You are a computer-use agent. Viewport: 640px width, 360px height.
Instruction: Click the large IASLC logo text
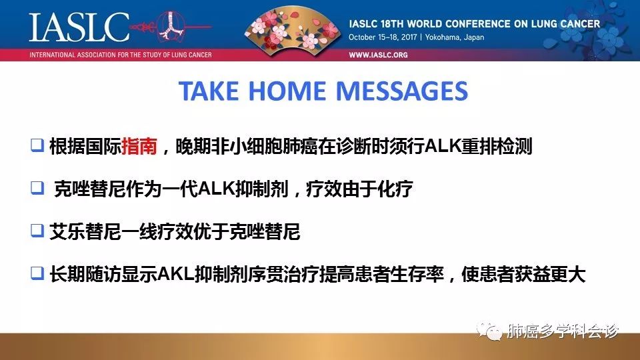79,27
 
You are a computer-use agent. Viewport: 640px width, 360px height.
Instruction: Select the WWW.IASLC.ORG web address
378,55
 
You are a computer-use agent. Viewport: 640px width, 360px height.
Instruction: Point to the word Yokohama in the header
442,37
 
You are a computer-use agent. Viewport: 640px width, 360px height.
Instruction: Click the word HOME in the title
287,91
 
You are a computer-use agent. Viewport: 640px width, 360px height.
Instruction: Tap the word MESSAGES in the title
401,91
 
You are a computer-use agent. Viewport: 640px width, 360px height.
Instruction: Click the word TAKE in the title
208,91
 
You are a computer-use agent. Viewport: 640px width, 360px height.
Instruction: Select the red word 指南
139,146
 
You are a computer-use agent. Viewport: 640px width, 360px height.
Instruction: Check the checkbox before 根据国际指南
37,145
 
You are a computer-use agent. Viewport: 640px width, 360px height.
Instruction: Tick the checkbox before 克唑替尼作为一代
37,188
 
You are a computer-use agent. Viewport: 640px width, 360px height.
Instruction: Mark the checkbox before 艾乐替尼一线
37,231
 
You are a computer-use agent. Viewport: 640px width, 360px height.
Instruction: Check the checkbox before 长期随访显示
37,273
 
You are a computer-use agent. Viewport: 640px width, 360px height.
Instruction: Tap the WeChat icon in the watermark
489,331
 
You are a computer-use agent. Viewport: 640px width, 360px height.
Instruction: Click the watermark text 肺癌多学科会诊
563,331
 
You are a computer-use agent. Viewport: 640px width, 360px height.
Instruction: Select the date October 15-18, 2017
383,37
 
